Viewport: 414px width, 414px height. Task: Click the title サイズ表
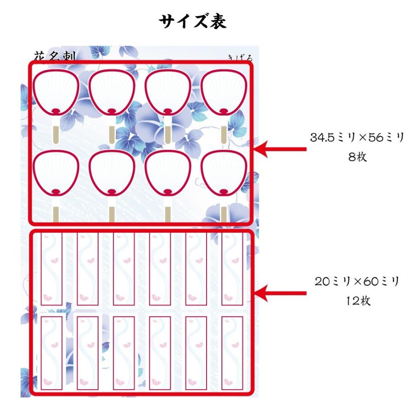pyautogui.click(x=193, y=21)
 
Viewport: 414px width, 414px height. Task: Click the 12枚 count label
pyautogui.click(x=356, y=301)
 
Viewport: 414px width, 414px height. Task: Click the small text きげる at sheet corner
pyautogui.click(x=241, y=58)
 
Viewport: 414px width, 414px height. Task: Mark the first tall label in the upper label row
pyautogui.click(x=51, y=268)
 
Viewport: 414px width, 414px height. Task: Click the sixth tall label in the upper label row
pyautogui.click(x=232, y=268)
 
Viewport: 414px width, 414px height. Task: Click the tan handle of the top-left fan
pyautogui.click(x=56, y=133)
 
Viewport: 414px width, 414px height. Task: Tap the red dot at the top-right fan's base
pyautogui.click(x=224, y=111)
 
